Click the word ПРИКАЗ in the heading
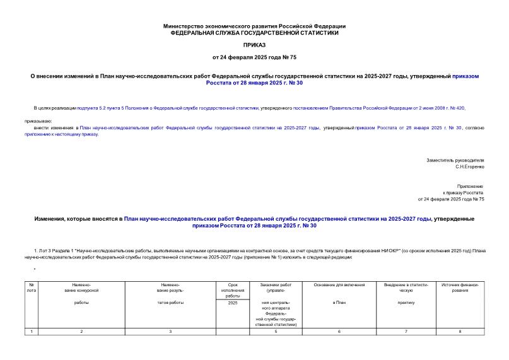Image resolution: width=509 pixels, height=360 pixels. coord(254,45)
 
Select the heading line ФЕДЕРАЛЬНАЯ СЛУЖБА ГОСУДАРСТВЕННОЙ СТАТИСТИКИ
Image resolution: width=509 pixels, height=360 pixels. coord(254,32)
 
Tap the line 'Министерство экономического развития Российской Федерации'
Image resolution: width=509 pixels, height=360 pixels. coord(254,26)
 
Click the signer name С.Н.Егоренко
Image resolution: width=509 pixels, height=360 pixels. coord(470,167)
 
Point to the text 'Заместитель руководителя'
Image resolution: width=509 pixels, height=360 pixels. coord(455,160)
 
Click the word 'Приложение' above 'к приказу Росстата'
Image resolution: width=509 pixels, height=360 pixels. coord(471,187)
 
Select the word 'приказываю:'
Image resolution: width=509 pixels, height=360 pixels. coord(38,120)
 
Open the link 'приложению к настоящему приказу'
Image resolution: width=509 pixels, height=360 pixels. coord(62,134)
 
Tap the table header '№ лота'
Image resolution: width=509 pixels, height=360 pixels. coord(32,287)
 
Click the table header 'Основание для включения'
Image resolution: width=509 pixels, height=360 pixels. coord(339,285)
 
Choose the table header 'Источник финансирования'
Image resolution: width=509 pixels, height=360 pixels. coord(460,287)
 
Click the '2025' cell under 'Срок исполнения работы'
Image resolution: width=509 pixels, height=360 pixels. coord(233,303)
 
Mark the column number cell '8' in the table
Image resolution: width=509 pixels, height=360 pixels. coord(460,332)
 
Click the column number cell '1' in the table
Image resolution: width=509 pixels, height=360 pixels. coord(32,332)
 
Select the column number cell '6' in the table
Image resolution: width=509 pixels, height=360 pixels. coord(339,332)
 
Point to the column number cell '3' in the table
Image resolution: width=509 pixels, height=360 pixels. coord(170,332)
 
